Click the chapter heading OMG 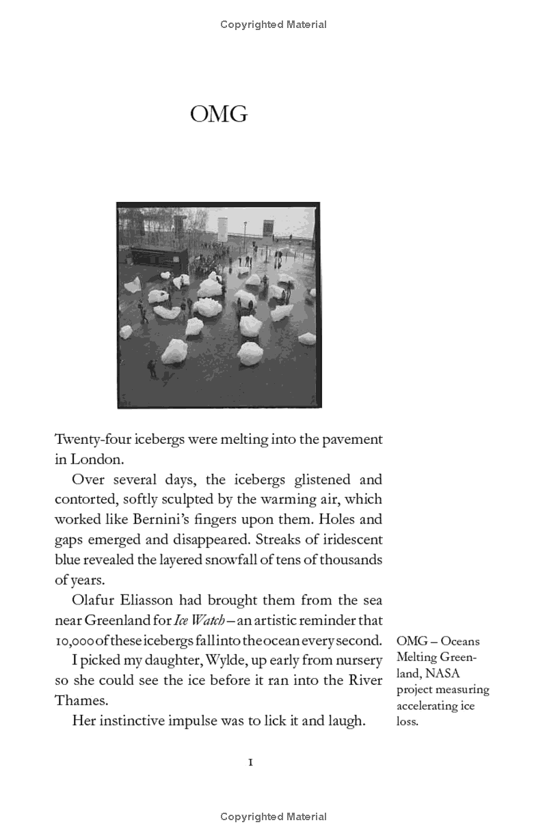coord(219,114)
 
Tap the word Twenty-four coord(87,440)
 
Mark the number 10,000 coord(75,641)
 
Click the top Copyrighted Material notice coord(273,25)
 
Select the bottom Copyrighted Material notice coord(273,817)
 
